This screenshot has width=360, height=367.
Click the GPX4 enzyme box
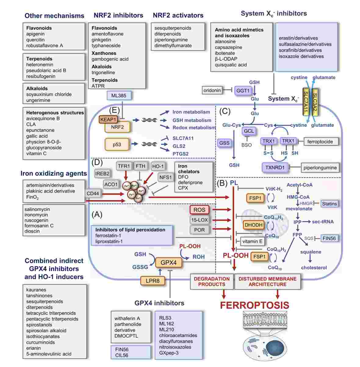pyautogui.click(x=168, y=262)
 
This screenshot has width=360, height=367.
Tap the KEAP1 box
pyautogui.click(x=108, y=119)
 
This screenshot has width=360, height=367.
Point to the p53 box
pyautogui.click(x=117, y=144)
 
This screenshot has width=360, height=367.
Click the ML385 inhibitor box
pyautogui.click(x=119, y=96)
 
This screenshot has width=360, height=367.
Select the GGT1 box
pyautogui.click(x=243, y=91)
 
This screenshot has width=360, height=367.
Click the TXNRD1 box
pyautogui.click(x=275, y=167)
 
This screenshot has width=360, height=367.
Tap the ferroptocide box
pyautogui.click(x=320, y=141)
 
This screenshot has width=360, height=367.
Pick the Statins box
pyautogui.click(x=329, y=203)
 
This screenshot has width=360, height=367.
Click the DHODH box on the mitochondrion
pyautogui.click(x=253, y=225)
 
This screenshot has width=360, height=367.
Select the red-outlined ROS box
pyautogui.click(x=200, y=210)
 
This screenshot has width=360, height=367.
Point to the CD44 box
pyautogui.click(x=93, y=194)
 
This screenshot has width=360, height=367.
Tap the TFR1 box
pyautogui.click(x=124, y=166)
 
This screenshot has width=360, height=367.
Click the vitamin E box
pyautogui.click(x=252, y=242)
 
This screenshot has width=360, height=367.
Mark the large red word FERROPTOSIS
pyautogui.click(x=254, y=305)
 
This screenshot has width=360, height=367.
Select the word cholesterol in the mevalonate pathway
pyautogui.click(x=314, y=268)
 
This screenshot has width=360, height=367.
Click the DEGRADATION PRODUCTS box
pyautogui.click(x=211, y=282)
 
